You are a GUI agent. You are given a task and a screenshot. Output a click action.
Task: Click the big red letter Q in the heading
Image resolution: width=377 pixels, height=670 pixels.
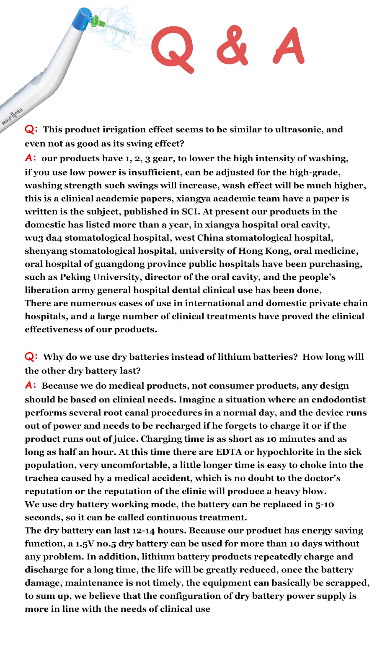click(x=173, y=48)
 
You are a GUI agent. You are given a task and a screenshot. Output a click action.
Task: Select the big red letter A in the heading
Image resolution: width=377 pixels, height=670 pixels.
click(x=289, y=46)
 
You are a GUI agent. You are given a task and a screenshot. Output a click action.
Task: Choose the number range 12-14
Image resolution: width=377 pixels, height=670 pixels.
click(x=144, y=531)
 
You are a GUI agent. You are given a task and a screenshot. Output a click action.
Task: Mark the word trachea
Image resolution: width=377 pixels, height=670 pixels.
click(x=41, y=478)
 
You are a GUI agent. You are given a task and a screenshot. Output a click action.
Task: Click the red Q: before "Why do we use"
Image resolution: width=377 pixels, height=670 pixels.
click(x=31, y=357)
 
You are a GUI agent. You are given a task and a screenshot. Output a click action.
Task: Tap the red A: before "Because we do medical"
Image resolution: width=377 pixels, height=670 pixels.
click(x=31, y=385)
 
